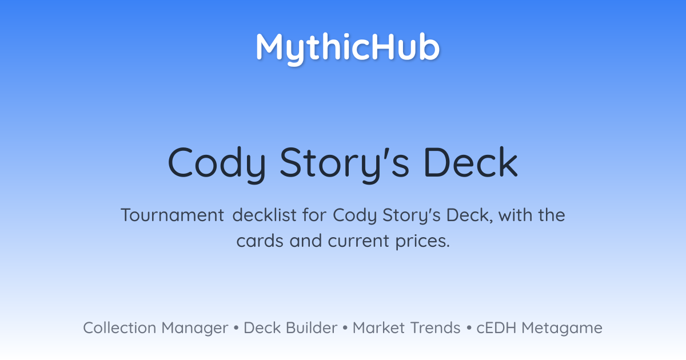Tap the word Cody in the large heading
tap(217, 164)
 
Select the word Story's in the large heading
tap(345, 164)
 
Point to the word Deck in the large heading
tap(470, 162)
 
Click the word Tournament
tap(173, 215)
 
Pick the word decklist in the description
tap(264, 215)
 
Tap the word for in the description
tap(314, 215)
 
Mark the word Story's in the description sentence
tap(411, 215)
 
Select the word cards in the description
tap(260, 241)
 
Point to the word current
tap(358, 241)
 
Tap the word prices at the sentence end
tap(422, 242)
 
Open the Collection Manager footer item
tap(155, 328)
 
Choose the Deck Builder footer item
tap(290, 327)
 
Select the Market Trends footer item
tap(406, 327)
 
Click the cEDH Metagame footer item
tap(539, 328)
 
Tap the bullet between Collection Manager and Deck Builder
tap(236, 328)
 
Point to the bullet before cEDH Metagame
tap(469, 328)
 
